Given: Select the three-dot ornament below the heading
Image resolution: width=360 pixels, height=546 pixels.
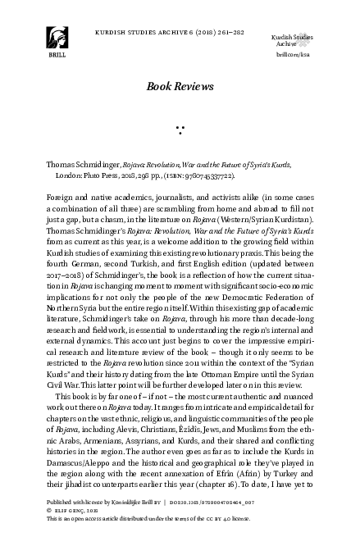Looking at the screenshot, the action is [180, 129].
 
